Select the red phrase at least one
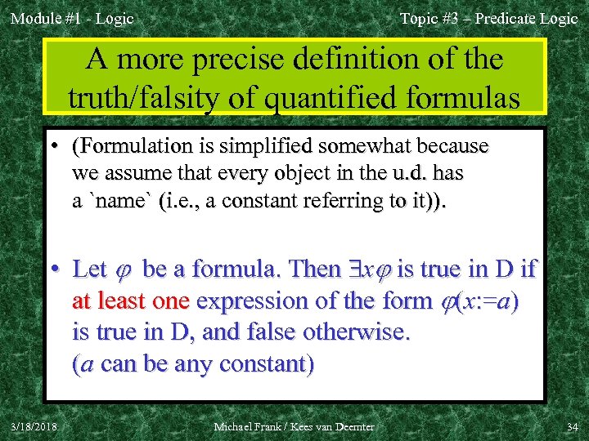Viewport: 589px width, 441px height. pos(131,301)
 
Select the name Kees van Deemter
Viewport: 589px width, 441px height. pos(339,425)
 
